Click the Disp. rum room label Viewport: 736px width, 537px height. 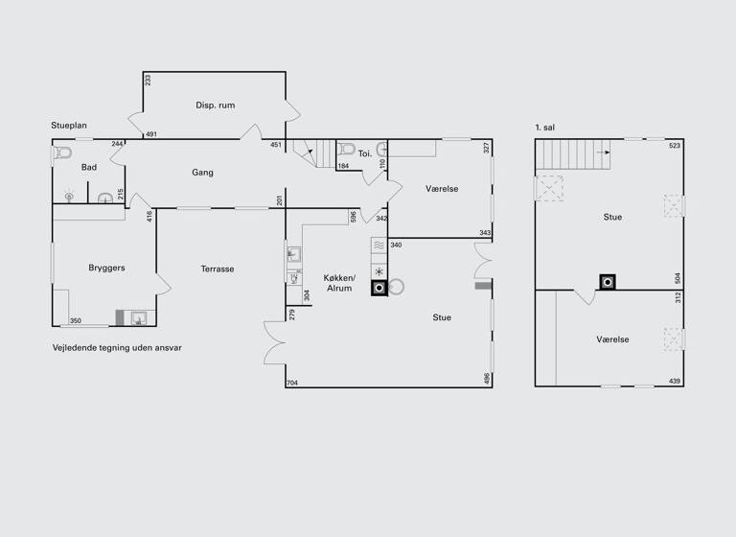(216, 105)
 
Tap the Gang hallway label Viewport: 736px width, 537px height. (202, 173)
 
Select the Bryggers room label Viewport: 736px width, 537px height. (107, 268)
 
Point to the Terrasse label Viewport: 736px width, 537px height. (218, 269)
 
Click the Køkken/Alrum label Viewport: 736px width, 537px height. (338, 282)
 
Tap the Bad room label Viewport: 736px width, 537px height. (89, 168)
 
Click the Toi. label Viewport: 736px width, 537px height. (364, 153)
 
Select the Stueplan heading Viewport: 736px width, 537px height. (70, 126)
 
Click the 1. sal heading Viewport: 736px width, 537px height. (546, 127)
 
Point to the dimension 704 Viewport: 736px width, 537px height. (293, 383)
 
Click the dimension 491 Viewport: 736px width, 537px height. (151, 134)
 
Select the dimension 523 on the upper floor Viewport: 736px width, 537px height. (675, 146)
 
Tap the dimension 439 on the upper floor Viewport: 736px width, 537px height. (675, 382)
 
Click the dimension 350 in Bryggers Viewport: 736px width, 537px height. (76, 321)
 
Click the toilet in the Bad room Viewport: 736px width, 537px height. (63, 152)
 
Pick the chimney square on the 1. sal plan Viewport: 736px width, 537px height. (608, 282)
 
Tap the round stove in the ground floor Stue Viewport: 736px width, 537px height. (396, 286)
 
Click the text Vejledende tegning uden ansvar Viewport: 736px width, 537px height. (117, 348)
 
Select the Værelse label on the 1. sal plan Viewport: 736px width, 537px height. (612, 339)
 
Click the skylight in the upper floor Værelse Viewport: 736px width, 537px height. (675, 339)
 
